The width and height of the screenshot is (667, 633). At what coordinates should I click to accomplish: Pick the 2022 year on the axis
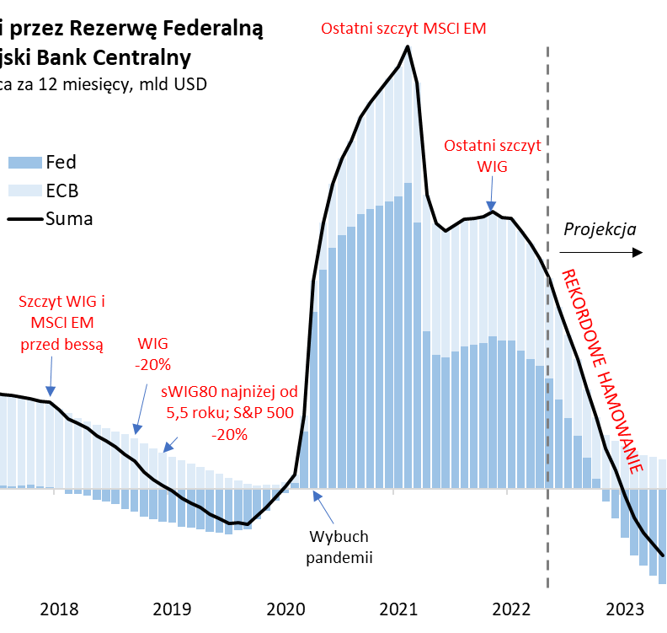[x=512, y=609]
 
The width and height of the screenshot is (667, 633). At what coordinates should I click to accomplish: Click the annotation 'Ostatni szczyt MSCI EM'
[x=403, y=29]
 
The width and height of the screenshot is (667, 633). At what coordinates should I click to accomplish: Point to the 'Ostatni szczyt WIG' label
[x=492, y=155]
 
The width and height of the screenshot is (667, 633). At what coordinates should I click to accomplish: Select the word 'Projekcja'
[x=600, y=229]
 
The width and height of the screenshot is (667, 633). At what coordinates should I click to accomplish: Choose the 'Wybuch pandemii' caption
[x=340, y=546]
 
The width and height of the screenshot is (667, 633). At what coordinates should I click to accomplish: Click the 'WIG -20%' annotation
[x=154, y=354]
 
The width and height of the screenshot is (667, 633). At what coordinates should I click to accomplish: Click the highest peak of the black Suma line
[x=408, y=46]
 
